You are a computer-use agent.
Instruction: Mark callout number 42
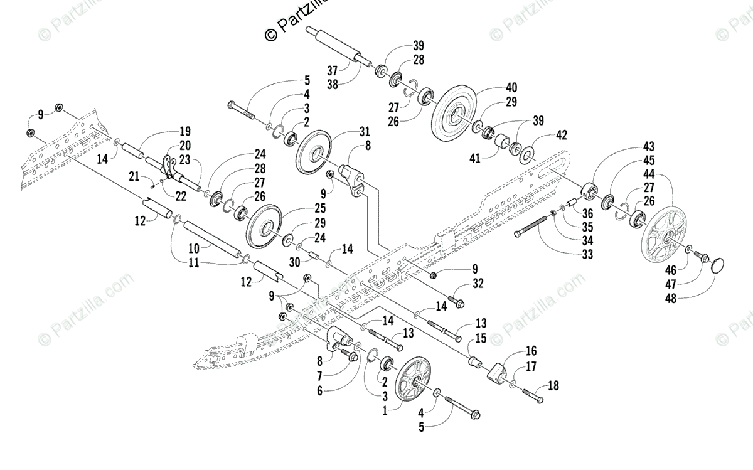pos(561,135)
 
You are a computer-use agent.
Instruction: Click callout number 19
pos(184,132)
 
